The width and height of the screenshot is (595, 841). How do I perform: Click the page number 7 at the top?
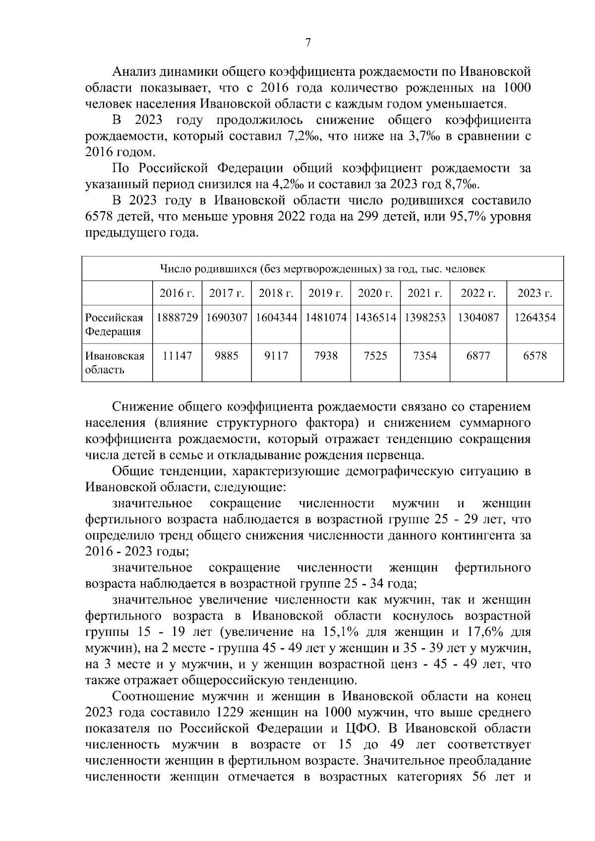click(x=308, y=43)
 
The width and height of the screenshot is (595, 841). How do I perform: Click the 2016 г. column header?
click(x=177, y=293)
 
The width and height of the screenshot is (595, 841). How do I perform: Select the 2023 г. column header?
click(x=535, y=293)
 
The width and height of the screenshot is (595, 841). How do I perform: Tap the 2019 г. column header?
click(x=326, y=293)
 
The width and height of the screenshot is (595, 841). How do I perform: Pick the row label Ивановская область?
click(x=115, y=363)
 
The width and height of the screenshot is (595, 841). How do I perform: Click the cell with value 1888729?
click(x=177, y=318)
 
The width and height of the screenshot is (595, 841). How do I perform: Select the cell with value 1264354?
click(x=535, y=318)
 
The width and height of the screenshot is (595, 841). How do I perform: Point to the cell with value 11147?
click(x=177, y=356)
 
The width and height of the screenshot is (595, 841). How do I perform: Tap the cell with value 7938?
click(x=326, y=356)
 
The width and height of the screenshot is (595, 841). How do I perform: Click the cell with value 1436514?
click(x=375, y=318)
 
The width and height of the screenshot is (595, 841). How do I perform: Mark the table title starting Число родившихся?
click(x=322, y=269)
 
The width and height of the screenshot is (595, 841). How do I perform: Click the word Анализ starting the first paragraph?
click(x=134, y=72)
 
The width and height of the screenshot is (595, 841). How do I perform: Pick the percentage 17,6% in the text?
click(x=484, y=632)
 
